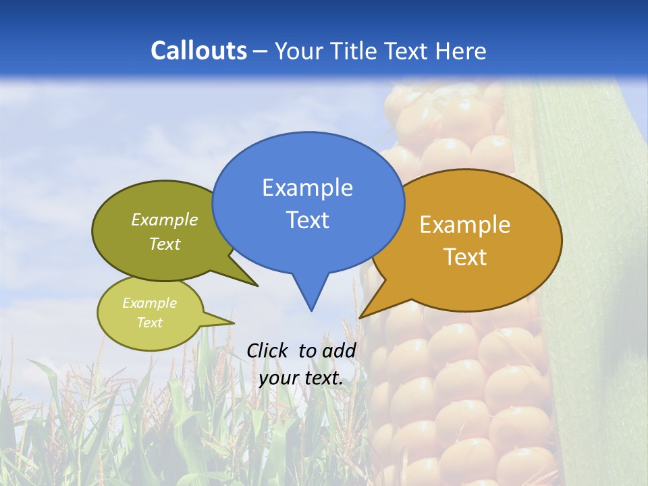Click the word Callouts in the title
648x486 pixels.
pos(198,51)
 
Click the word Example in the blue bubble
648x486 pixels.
pos(307,188)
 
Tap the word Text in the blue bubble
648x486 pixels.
pos(307,220)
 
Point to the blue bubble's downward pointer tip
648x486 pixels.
pos(311,310)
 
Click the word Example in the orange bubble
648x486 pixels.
pos(465,225)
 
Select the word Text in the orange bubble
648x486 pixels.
pos(465,257)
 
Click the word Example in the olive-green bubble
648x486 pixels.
pos(165,220)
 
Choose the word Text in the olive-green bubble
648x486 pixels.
pos(165,244)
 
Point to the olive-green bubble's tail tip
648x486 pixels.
pos(257,286)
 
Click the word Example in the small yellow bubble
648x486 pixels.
pos(149,303)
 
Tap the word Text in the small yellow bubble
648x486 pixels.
pos(149,323)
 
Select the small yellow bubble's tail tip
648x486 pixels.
pos(234,322)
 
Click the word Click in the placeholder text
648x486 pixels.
pos(269,350)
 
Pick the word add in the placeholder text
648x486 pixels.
pos(338,350)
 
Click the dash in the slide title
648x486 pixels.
pos(261,51)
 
